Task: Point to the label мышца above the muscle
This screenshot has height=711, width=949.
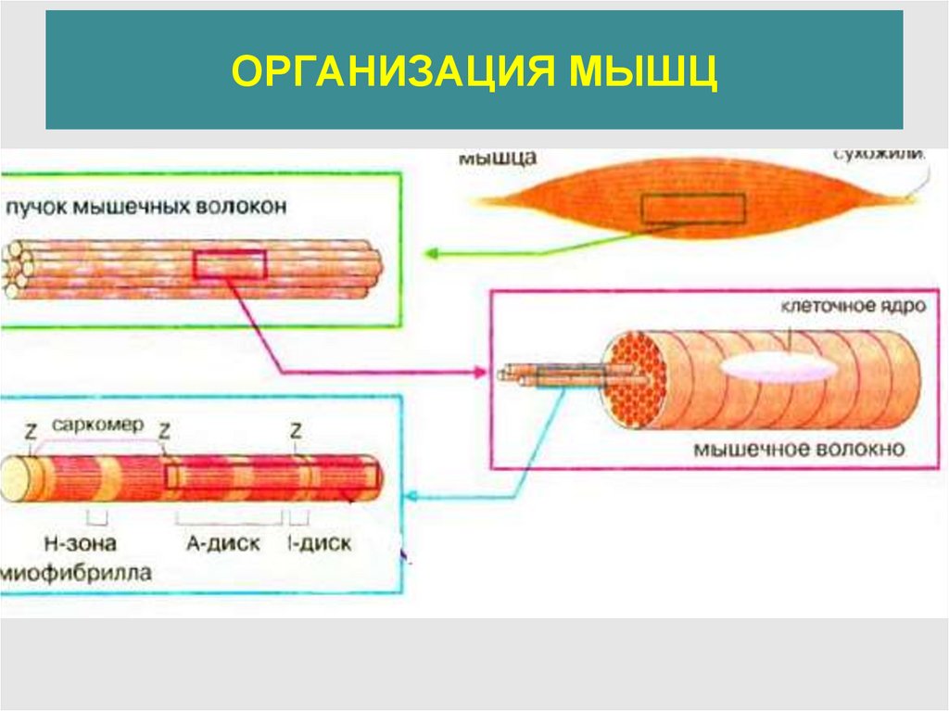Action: click(497, 159)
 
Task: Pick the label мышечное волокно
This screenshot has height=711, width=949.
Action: click(798, 451)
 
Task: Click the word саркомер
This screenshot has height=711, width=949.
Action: click(97, 425)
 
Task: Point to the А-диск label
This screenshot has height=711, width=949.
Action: click(223, 542)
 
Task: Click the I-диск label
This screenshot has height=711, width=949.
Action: click(320, 542)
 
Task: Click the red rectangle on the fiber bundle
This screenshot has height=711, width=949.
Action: click(230, 265)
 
